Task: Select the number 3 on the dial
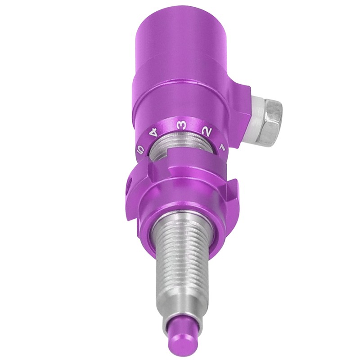181,126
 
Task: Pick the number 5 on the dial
140,149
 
